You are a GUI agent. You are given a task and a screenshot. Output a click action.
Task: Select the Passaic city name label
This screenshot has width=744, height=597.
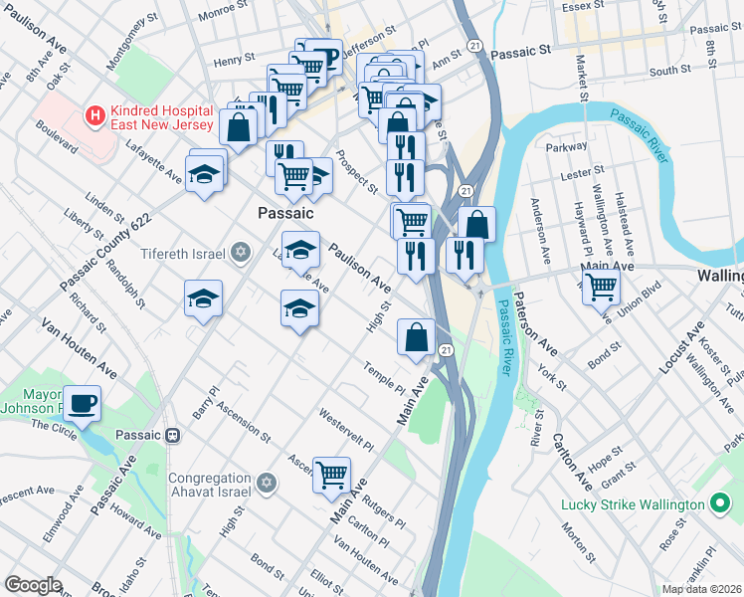[x=285, y=213]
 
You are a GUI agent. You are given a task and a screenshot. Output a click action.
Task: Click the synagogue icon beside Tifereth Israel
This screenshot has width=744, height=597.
[x=239, y=252]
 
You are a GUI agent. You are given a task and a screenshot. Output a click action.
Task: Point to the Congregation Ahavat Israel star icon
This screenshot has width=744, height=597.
[x=265, y=483]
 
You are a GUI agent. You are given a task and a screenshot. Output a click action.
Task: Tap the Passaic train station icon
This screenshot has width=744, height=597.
[x=172, y=436]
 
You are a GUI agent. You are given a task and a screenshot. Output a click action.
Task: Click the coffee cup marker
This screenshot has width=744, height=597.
[x=82, y=404]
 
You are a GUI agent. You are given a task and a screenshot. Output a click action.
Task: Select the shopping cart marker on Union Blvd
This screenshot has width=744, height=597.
[x=601, y=287]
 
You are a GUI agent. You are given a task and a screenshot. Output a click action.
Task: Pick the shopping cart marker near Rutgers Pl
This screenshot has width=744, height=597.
[x=331, y=474]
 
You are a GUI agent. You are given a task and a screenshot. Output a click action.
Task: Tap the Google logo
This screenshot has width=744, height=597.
[x=33, y=585]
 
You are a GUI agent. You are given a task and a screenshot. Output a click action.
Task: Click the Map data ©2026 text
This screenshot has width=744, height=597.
[x=701, y=589]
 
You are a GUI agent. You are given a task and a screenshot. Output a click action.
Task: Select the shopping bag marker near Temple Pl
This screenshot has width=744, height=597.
[x=415, y=337]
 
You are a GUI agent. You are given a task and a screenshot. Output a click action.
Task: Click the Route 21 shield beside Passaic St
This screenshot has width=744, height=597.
[x=475, y=46]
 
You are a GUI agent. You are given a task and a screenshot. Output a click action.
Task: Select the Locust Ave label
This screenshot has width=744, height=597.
[x=680, y=347]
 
